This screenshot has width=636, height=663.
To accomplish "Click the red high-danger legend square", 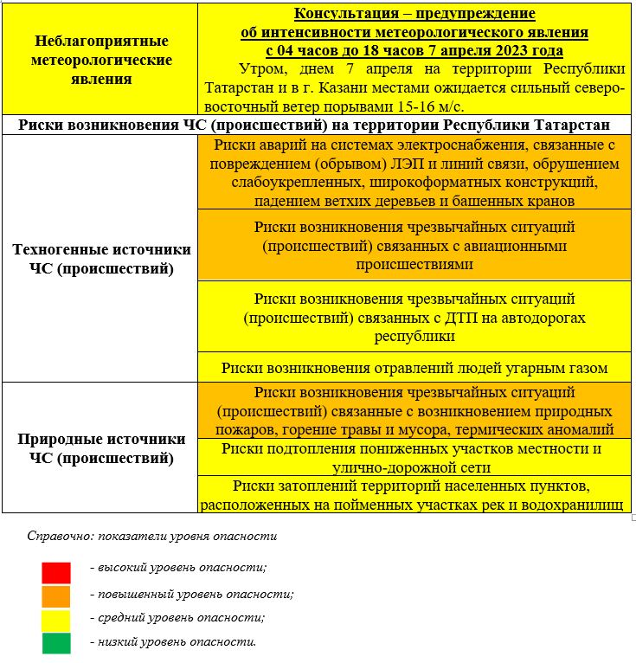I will pyautogui.click(x=56, y=572).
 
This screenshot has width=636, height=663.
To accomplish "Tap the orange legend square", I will pyautogui.click(x=56, y=595).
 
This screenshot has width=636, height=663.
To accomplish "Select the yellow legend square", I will pyautogui.click(x=56, y=619).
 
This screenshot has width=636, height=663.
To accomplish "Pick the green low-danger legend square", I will pyautogui.click(x=56, y=642).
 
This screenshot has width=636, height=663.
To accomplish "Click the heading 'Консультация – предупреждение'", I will pyautogui.click(x=414, y=15).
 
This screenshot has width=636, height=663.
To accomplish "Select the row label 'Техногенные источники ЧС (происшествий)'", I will pyautogui.click(x=101, y=259).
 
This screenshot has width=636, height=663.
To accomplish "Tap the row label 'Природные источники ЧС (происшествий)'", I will pyautogui.click(x=101, y=448).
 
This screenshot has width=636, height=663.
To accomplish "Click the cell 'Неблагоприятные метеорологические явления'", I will pyautogui.click(x=101, y=60).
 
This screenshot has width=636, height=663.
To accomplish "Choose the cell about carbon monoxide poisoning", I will pyautogui.click(x=414, y=368).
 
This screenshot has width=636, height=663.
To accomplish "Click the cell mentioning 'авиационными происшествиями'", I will pyautogui.click(x=414, y=246).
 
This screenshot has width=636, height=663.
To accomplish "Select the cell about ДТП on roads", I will pyautogui.click(x=414, y=317).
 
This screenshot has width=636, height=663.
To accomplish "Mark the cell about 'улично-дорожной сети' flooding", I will pyautogui.click(x=414, y=457).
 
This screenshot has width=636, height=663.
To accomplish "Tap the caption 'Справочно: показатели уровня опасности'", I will pyautogui.click(x=151, y=536).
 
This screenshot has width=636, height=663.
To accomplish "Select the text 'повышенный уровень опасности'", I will pyautogui.click(x=191, y=595).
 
